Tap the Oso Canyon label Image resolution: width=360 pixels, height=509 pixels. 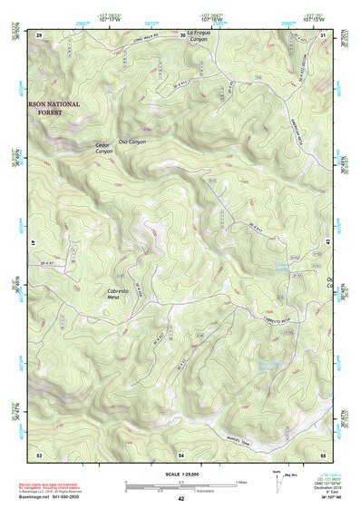(132, 142)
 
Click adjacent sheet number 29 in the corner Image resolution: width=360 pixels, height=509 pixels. (39, 34)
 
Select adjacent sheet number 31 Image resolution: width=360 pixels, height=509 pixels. (324, 34)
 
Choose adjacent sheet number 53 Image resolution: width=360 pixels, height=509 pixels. (39, 453)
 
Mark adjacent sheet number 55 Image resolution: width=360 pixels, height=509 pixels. (323, 453)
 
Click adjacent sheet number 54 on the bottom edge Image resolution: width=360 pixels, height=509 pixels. (181, 453)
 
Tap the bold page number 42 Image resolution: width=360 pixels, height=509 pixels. (181, 499)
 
